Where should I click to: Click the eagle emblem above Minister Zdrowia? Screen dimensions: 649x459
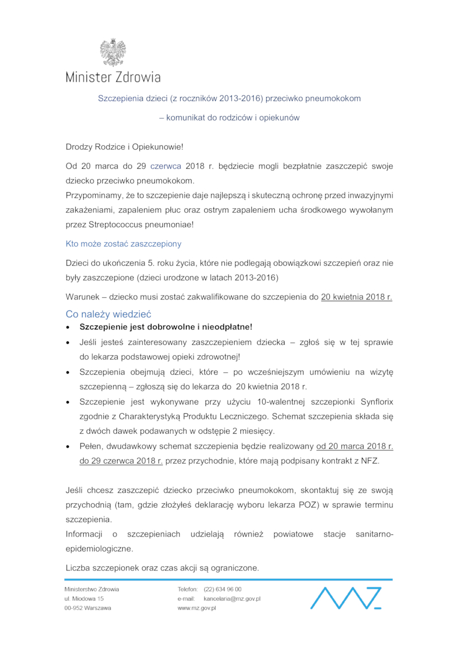pos(112,53)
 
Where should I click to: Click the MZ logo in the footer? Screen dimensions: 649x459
pos(345,597)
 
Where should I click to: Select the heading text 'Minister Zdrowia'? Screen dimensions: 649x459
pos(113,77)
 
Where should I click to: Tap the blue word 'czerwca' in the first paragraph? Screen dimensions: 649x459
pos(166,166)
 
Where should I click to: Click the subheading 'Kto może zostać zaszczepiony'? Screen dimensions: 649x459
pos(123,244)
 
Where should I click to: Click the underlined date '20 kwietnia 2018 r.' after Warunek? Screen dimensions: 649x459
pos(356,297)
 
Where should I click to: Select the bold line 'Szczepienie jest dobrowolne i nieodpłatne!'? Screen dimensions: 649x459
pos(166,327)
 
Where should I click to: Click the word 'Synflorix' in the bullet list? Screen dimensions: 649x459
pos(376,400)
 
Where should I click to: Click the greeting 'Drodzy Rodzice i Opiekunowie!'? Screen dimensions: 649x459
pos(125,147)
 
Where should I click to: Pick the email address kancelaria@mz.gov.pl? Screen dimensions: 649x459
pos(232,599)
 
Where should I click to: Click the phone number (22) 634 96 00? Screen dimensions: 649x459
pos(223,589)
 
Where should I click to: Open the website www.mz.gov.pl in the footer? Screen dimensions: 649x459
pos(197,608)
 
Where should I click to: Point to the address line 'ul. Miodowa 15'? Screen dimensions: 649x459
pos(84,599)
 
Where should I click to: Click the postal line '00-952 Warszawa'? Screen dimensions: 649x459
pos(88,608)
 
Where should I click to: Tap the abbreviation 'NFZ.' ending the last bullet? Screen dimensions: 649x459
pos(370,461)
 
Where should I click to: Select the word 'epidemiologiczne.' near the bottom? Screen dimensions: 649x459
pos(99,549)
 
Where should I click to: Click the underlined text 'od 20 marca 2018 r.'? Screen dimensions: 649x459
pos(355,446)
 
